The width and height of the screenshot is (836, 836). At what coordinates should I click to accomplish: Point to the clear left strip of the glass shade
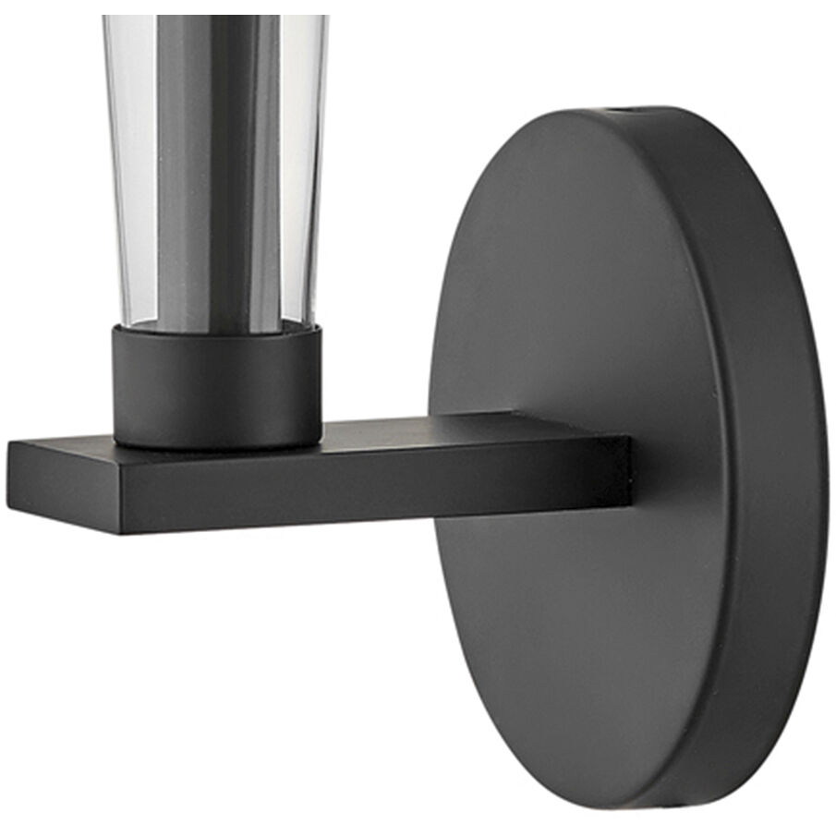[x=129, y=166]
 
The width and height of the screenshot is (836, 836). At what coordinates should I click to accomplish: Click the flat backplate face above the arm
[x=573, y=277]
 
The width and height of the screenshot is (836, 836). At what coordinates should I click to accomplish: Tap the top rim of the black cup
[x=218, y=331]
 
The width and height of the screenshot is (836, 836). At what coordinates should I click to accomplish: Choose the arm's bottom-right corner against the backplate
[x=629, y=503]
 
